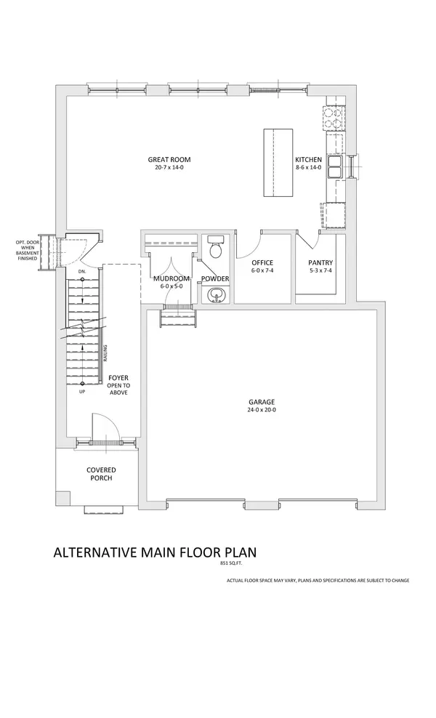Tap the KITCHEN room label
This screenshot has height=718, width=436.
coord(307,159)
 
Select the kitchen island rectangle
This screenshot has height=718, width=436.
coord(277,163)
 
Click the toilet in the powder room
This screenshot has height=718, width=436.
coord(215,249)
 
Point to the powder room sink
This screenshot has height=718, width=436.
coord(215,294)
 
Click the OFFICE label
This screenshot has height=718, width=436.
coord(262,262)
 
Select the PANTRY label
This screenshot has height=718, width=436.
coord(320,262)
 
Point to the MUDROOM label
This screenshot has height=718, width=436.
coord(171,279)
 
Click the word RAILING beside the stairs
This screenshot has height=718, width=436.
coord(105,352)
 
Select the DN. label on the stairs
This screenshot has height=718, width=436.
coord(81,272)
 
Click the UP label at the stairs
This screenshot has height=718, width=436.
coord(81,392)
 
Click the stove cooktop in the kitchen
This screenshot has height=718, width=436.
coord(336,114)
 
